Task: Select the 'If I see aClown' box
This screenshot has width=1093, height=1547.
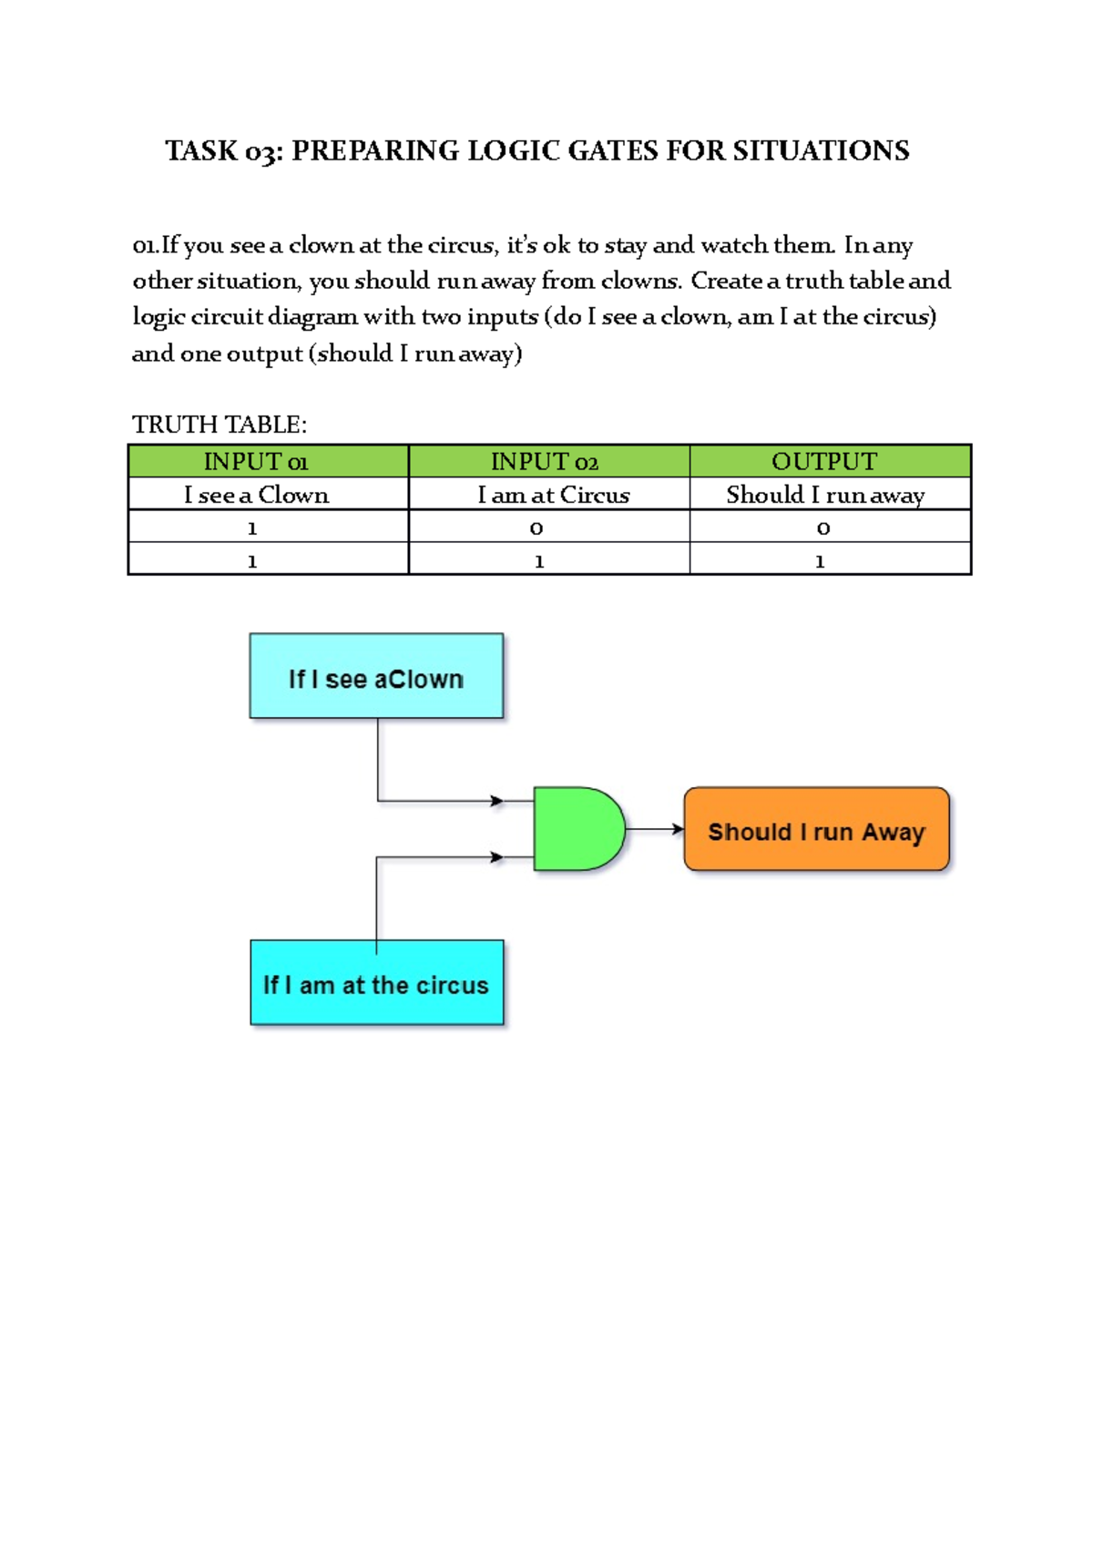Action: (x=376, y=676)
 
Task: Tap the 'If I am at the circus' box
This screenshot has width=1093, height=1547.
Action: (x=376, y=983)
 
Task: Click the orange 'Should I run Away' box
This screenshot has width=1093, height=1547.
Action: (x=816, y=829)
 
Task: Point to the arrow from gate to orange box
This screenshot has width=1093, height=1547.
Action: (x=655, y=829)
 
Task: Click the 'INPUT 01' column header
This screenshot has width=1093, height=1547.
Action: (x=256, y=462)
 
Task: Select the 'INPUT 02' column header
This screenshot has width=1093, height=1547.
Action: (x=545, y=462)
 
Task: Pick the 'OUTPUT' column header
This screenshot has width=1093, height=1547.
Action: (x=824, y=462)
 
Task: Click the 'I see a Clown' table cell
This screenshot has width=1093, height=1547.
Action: (x=256, y=495)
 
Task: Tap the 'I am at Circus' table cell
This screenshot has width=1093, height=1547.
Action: (x=553, y=495)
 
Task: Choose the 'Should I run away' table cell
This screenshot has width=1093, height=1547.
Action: (x=825, y=495)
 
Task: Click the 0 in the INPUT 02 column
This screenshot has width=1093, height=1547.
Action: (x=536, y=528)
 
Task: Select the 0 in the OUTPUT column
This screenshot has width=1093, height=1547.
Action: (x=823, y=528)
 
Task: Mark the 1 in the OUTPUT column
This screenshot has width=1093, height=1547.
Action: (x=820, y=561)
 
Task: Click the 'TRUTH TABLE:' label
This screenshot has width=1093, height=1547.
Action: (x=220, y=425)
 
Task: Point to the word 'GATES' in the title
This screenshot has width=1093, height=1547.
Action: (x=613, y=150)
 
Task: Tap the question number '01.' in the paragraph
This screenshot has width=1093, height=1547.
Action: (x=145, y=246)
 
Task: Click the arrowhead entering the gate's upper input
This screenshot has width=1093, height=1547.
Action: (x=497, y=801)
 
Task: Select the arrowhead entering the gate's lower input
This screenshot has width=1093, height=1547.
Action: (x=497, y=857)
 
